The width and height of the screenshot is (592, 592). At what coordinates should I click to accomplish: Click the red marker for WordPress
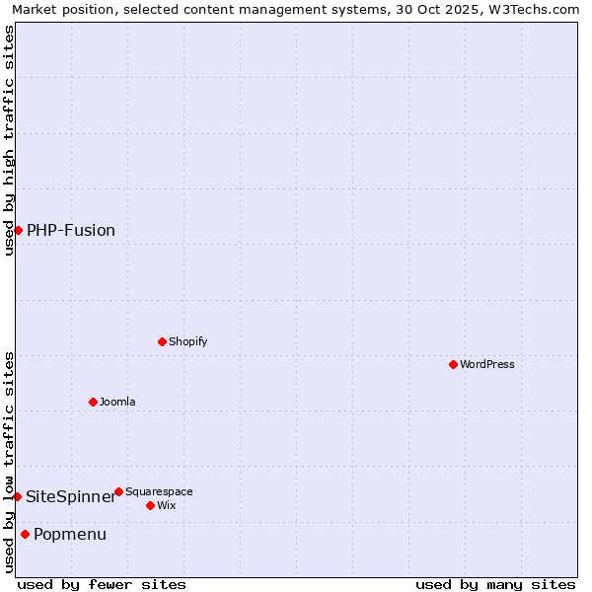pos(453,364)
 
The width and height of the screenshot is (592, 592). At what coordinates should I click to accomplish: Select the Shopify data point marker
pos(162,341)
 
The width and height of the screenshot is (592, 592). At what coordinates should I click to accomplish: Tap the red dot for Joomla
pos(93,402)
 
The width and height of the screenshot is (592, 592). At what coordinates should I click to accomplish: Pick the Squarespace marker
pos(118,491)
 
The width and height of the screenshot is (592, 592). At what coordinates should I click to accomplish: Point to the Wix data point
pos(150,505)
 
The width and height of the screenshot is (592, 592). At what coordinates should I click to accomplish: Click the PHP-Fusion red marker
pos(18,230)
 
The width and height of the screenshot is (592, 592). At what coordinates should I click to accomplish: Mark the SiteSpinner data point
pos(17,496)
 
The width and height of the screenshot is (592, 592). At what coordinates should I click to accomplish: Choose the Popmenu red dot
pos(25,534)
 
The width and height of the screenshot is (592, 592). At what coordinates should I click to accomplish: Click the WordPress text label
pos(487,364)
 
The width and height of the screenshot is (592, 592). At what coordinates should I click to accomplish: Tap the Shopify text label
pos(187,341)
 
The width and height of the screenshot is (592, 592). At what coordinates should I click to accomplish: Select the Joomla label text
pos(117,402)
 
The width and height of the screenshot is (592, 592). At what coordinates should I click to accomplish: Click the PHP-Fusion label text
pos(71,230)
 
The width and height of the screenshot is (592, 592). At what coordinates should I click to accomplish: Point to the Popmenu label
pos(70,534)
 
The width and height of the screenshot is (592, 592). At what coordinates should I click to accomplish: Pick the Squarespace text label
pos(159,491)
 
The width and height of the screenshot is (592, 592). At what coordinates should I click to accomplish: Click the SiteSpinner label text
pos(71,496)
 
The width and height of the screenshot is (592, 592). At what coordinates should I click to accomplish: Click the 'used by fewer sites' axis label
pos(102,584)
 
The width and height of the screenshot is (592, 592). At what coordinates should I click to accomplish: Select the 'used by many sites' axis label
pos(495,584)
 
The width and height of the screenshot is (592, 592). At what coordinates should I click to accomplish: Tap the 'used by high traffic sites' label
pos(9,140)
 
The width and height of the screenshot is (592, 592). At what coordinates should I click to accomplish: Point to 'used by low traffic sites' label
pos(9,462)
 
